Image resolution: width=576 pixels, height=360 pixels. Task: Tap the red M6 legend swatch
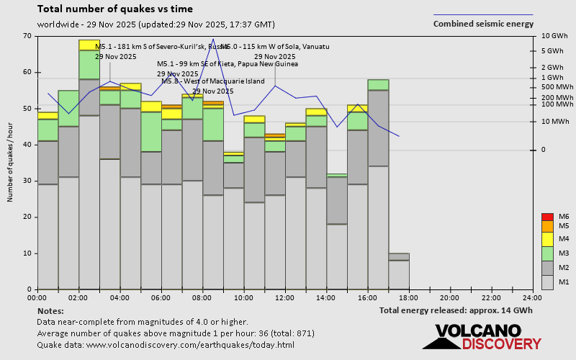547,217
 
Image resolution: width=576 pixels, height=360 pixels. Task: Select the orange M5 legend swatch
547,226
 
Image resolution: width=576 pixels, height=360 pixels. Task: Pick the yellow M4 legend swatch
547,238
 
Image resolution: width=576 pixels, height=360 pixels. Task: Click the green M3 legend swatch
547,253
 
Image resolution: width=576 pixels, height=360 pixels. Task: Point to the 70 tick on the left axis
27,36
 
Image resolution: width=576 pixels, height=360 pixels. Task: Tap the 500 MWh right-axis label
554,87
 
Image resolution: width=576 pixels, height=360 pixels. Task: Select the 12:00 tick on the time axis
284,297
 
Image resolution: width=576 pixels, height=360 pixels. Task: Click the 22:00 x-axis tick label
491,297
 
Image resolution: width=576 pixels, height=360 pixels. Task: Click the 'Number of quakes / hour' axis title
11,163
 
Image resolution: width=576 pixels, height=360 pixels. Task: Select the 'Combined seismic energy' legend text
483,24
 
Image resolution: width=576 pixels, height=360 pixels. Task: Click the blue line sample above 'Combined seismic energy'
483,14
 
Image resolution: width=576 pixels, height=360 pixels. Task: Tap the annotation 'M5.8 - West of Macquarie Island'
213,81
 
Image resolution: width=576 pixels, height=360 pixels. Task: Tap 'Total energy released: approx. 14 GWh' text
456,310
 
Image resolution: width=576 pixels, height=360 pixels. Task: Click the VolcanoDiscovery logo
487,337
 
